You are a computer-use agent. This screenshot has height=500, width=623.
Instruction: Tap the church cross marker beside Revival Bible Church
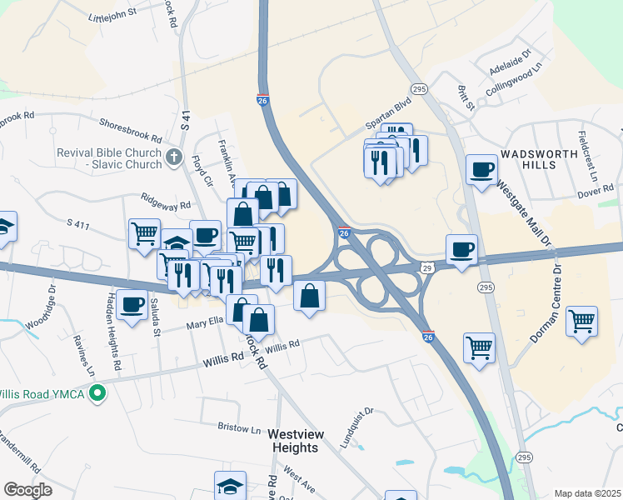click(x=173, y=156)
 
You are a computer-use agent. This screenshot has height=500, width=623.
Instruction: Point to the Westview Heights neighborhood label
click(x=293, y=441)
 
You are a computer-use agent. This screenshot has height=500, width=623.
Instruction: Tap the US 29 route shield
click(x=426, y=267)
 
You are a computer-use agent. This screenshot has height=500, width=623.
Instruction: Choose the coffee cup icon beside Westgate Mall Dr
click(x=481, y=171)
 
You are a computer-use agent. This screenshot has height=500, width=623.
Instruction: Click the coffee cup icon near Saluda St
click(x=132, y=305)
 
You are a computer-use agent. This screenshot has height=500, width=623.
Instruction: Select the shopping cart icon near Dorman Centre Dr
click(x=581, y=321)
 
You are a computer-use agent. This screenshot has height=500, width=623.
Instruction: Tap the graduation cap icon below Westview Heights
click(x=230, y=486)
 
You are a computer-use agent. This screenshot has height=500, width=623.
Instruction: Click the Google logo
click(x=28, y=490)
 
